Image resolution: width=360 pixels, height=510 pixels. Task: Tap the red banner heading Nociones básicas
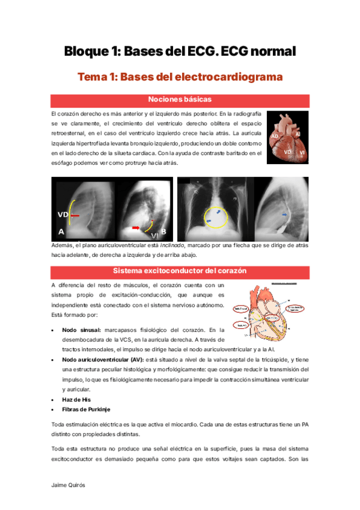point(180,99)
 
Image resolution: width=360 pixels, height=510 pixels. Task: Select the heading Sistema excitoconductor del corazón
point(180,271)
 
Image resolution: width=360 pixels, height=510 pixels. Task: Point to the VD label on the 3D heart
point(288,153)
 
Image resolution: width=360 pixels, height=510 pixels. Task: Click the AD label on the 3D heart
point(275,137)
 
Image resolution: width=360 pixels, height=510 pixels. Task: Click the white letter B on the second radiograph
point(163,231)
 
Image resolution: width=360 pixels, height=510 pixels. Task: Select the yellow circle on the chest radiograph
point(215,217)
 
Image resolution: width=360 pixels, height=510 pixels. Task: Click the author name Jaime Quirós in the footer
point(67,484)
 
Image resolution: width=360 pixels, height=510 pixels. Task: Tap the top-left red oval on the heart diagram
point(240,309)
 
